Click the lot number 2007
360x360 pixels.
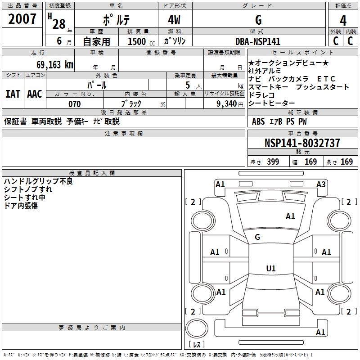click(22, 20)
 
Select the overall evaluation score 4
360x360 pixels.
click(343, 21)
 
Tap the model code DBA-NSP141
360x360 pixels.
click(258, 41)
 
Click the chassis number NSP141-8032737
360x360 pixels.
click(302, 143)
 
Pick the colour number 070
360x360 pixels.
click(75, 104)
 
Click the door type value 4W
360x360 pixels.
click(175, 21)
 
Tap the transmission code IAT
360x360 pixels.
click(13, 94)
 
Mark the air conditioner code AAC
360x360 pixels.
click(34, 94)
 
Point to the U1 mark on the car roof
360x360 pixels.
click(270, 269)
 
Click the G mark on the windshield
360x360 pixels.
click(257, 237)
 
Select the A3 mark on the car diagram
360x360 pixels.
click(321, 184)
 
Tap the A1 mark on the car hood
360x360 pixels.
click(290, 216)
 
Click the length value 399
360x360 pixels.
click(273, 162)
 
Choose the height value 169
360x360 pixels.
click(346, 162)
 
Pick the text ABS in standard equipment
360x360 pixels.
click(258, 121)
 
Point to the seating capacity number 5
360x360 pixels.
click(186, 85)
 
